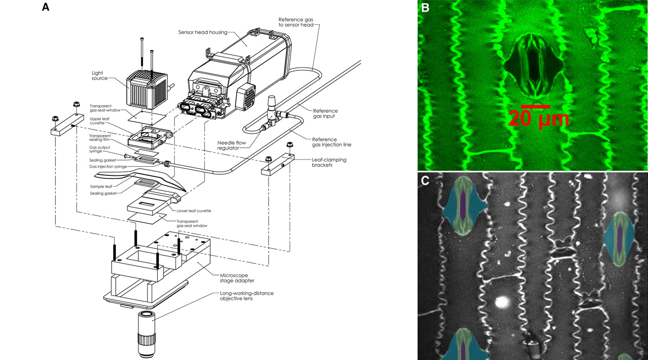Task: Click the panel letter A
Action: point(46,8)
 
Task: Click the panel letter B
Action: point(425,8)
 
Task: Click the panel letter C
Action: point(425,181)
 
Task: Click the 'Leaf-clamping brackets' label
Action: point(329,163)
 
